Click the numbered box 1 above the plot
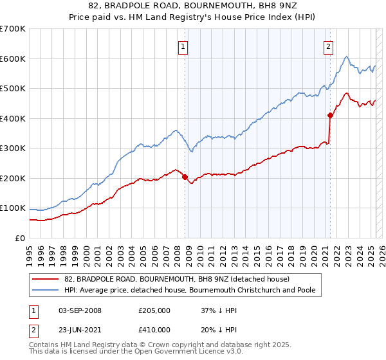tap(183, 46)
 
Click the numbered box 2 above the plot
tap(329, 46)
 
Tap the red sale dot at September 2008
tap(185, 177)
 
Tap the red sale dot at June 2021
tap(330, 116)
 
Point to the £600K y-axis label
tap(12, 59)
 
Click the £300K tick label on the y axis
tap(12, 148)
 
